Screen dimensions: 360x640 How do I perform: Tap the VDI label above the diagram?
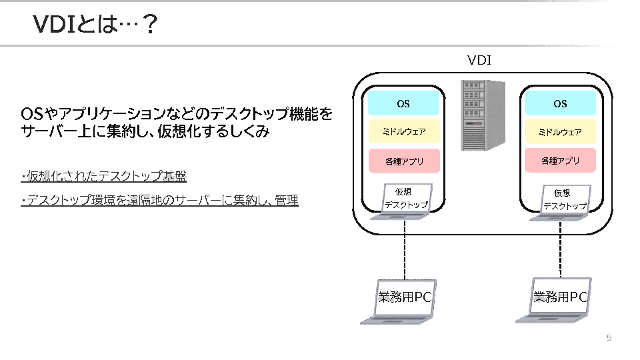click(479, 60)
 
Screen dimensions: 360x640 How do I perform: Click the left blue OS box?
click(403, 103)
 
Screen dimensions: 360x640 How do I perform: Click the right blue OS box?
click(560, 103)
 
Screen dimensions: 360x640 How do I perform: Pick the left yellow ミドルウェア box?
click(403, 132)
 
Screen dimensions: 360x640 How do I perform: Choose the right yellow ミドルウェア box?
click(560, 132)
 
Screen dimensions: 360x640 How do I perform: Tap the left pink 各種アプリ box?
click(403, 161)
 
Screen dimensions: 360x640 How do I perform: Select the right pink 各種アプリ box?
click(560, 161)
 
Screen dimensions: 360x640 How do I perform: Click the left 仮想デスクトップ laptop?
click(405, 201)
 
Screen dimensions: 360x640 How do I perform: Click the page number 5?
click(609, 338)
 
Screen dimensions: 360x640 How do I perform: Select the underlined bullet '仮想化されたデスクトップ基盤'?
click(105, 177)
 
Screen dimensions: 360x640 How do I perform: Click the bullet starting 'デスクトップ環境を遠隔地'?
click(161, 200)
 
